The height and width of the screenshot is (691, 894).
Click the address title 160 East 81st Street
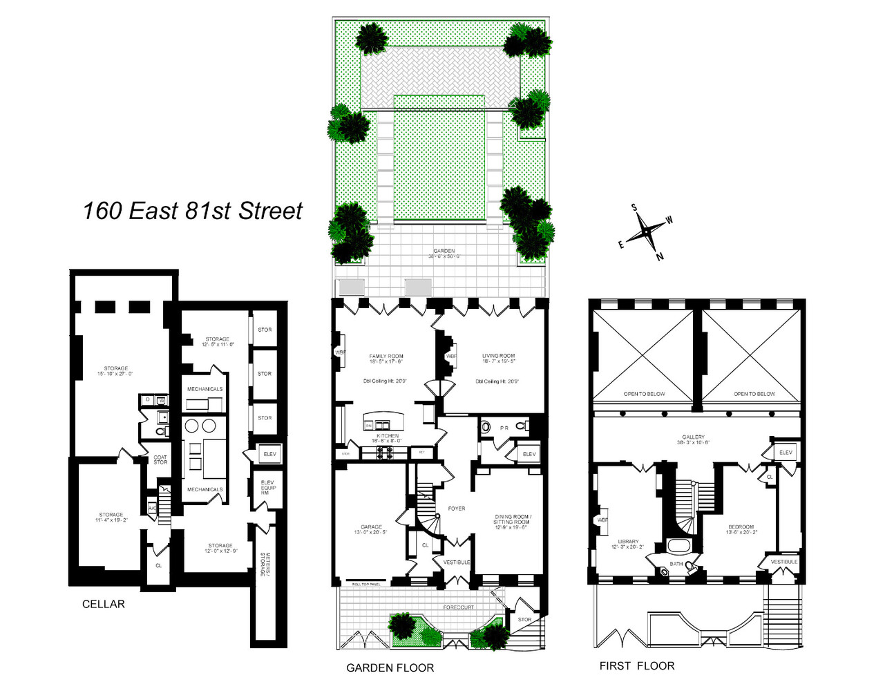point(192,211)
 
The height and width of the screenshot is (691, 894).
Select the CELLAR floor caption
point(104,604)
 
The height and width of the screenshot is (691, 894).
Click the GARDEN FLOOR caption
point(390,668)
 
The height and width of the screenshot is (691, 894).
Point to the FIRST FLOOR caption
point(636,666)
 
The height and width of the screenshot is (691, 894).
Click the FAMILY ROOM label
point(386,357)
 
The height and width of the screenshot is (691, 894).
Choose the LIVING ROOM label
point(498,357)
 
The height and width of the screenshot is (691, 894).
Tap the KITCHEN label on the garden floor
point(388,436)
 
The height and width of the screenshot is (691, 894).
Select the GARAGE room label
point(371,527)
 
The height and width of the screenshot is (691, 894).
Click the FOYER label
point(457,509)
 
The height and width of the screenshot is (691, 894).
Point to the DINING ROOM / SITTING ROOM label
point(512,520)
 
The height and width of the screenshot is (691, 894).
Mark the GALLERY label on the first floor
point(693,437)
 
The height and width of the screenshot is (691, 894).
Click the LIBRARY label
point(628,542)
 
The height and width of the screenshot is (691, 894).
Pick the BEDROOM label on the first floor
point(741,527)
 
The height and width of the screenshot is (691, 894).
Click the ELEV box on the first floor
point(786,453)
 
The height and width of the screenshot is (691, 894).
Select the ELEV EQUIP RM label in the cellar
point(267,487)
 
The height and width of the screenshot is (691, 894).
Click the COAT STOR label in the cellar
point(160,460)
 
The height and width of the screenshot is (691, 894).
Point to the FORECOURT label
point(458,607)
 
